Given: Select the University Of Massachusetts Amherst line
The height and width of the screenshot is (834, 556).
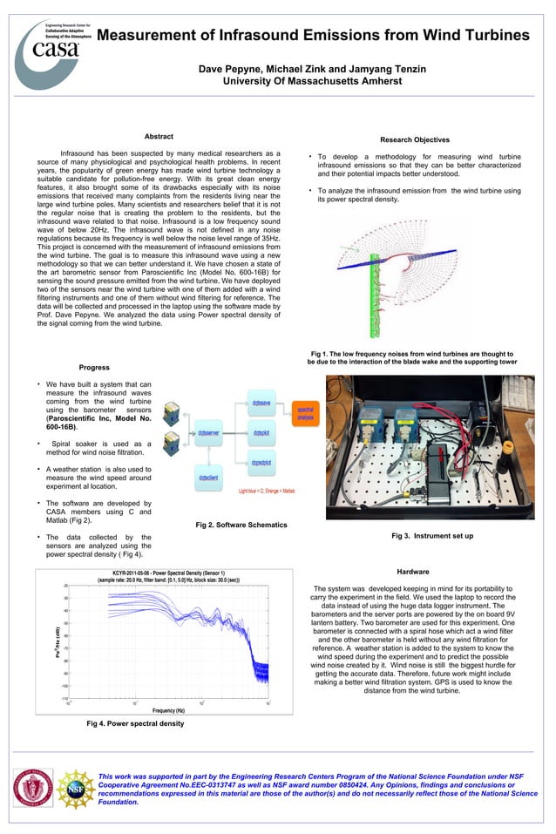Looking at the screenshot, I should pos(313,81).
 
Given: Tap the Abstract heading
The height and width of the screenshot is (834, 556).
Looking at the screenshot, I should pos(158,137).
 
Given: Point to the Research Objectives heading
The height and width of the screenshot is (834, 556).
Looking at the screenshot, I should pos(415,139).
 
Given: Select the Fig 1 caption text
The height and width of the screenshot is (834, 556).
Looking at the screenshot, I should pos(411,358).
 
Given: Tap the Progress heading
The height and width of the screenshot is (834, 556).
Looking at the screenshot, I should pos(94,368).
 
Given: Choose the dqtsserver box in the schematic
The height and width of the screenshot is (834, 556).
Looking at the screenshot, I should pos(208,433).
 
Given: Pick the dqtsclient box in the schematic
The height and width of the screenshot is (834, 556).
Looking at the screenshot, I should pos(208,478).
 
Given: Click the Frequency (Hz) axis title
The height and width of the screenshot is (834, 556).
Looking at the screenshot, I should pos(169,711).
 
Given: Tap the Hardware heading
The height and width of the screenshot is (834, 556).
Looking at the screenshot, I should pos(412,572).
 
